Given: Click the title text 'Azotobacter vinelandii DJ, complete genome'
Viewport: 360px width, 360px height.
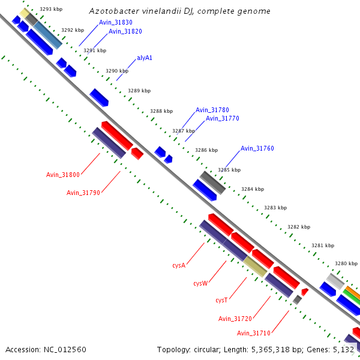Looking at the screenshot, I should click(179, 11).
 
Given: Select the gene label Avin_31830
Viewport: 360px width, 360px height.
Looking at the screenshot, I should click(116, 22).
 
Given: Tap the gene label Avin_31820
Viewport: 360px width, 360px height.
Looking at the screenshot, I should click(125, 31).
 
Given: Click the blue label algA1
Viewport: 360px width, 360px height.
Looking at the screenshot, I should click(145, 58).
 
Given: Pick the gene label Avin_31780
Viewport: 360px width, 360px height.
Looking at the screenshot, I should click(212, 110).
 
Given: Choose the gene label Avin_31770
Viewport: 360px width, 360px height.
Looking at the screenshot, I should click(223, 119).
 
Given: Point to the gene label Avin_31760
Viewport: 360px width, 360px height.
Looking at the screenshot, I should click(257, 148).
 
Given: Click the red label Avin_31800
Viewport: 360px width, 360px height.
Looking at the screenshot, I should click(63, 175).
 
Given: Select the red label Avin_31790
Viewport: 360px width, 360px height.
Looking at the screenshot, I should click(83, 193).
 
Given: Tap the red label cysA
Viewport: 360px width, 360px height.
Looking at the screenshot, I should click(179, 265).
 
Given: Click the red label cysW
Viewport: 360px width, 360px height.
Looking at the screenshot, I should click(200, 283).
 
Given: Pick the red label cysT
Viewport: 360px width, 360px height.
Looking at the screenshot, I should click(221, 300).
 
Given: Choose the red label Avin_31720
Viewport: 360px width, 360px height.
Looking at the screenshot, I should click(235, 319).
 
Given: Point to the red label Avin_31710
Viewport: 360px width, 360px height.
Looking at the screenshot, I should click(254, 333).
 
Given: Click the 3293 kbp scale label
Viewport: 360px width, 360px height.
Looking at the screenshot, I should click(51, 9).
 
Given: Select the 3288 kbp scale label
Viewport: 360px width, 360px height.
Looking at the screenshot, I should click(161, 111).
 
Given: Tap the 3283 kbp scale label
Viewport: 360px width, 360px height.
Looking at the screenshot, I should click(275, 208).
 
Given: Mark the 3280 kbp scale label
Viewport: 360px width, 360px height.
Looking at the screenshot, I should click(346, 263).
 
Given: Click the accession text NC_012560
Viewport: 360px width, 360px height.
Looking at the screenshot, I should click(46, 349).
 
